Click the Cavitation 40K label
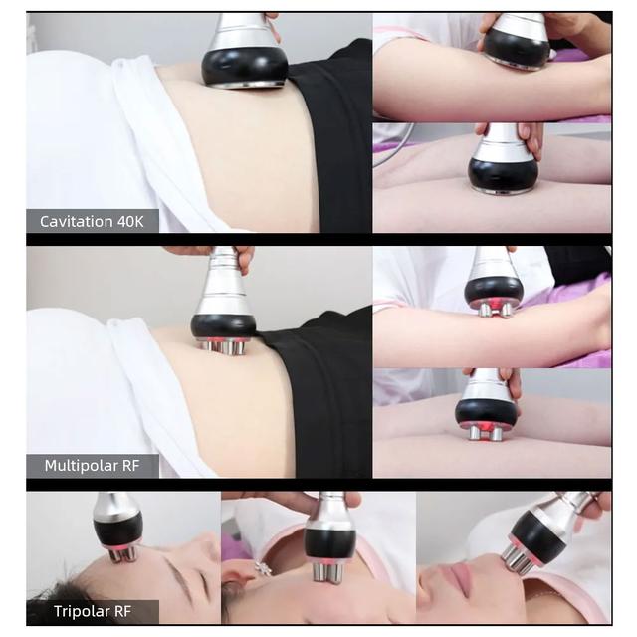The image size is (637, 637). tap(92, 221)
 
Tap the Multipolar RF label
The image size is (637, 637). tap(93, 465)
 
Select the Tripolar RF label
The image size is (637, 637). tap(93, 611)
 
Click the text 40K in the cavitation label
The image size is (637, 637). tap(130, 221)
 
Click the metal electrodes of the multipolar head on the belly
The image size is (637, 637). tap(223, 346)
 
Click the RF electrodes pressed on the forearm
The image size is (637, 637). tap(495, 310)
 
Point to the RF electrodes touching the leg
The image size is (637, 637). tap(485, 432)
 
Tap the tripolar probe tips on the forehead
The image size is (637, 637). tap(122, 554)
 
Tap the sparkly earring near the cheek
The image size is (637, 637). tap(263, 567)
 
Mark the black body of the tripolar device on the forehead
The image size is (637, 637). tap(117, 529)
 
